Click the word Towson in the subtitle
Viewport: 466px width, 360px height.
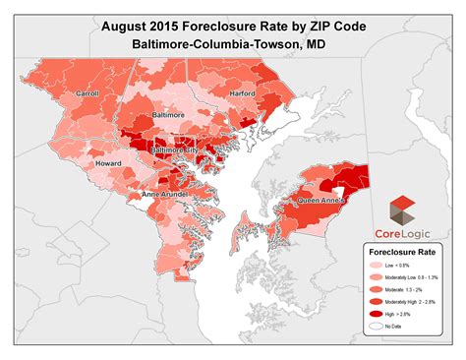pos(288,46)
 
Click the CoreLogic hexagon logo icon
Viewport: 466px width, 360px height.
pos(404,210)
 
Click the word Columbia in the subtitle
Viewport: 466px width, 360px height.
pos(230,46)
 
